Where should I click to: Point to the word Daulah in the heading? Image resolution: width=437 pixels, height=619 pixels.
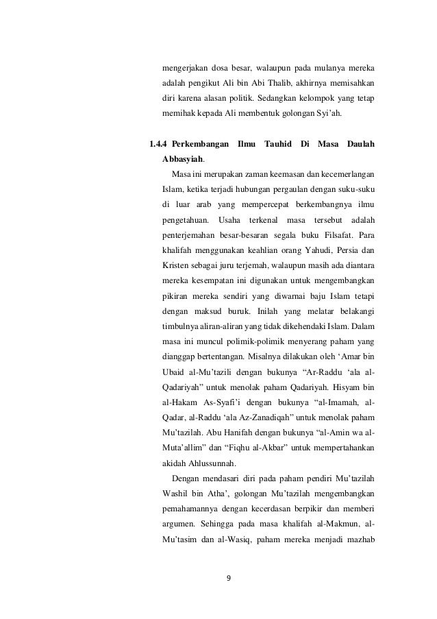[x=361, y=145]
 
